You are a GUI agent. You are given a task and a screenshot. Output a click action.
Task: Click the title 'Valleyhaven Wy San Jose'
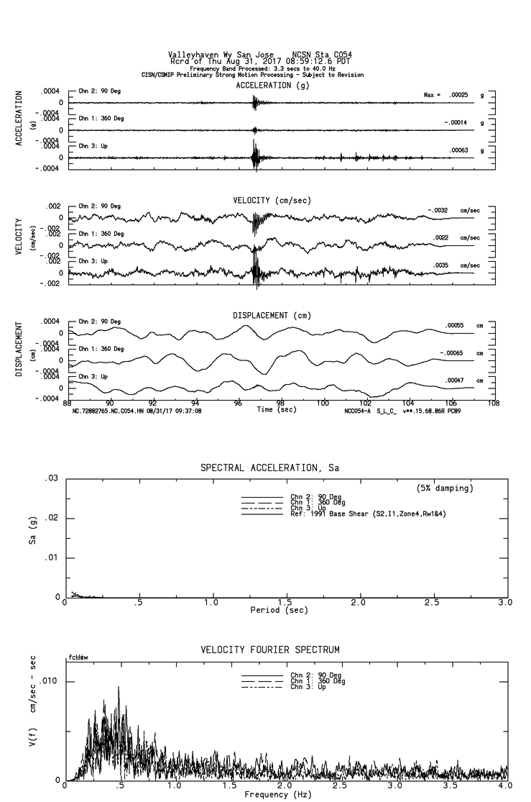click(x=214, y=54)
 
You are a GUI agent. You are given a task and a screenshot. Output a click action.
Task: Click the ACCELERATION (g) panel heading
click(x=273, y=85)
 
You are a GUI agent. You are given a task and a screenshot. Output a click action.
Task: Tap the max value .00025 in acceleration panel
click(x=458, y=95)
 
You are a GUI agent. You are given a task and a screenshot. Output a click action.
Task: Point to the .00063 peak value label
click(x=458, y=150)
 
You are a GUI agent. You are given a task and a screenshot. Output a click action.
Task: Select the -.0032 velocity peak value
click(x=438, y=210)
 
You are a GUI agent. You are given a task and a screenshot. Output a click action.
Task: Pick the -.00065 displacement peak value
click(x=452, y=353)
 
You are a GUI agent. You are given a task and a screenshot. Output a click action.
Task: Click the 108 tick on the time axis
click(x=494, y=404)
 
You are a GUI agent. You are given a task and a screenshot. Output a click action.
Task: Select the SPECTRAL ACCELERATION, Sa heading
click(x=269, y=468)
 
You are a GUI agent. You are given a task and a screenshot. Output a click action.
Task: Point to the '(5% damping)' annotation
click(x=445, y=488)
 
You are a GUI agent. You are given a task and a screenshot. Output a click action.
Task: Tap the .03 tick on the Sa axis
click(x=52, y=478)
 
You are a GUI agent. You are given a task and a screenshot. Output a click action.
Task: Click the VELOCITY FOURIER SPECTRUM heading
click(x=270, y=650)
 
